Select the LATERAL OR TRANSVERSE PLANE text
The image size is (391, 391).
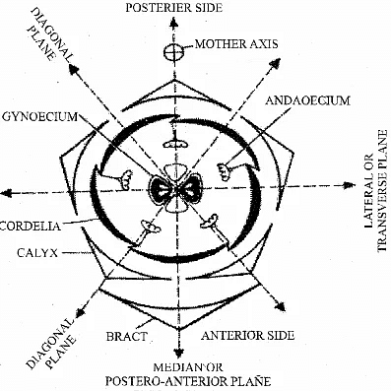pos(375,210)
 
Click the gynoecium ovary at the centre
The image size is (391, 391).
pos(176,191)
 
